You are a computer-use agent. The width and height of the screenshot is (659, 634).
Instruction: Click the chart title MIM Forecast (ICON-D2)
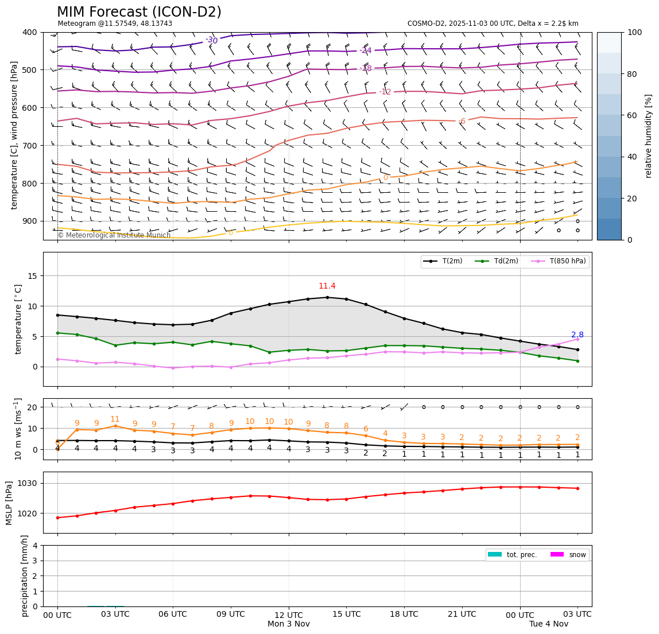click(139, 12)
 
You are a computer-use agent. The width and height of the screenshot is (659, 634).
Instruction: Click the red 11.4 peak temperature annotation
click(327, 286)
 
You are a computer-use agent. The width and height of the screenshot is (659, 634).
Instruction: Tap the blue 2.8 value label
click(577, 335)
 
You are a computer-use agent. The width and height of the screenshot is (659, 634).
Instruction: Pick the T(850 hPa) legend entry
click(560, 262)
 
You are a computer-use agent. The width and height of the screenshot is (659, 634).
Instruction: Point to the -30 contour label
click(212, 40)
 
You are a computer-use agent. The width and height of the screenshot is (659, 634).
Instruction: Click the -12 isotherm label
click(385, 92)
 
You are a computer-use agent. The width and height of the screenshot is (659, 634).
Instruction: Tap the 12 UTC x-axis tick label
click(289, 614)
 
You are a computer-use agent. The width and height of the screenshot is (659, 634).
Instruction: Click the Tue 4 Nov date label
click(548, 624)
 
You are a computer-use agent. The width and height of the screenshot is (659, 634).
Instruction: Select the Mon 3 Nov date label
click(289, 624)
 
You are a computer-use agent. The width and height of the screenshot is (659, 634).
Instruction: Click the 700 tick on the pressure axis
click(30, 146)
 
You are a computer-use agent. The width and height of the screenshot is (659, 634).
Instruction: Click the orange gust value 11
click(115, 419)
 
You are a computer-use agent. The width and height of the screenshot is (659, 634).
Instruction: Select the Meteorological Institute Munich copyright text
click(114, 235)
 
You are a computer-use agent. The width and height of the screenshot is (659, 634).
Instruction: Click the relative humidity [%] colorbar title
click(649, 136)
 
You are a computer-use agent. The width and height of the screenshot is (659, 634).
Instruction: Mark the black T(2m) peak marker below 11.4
click(327, 297)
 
